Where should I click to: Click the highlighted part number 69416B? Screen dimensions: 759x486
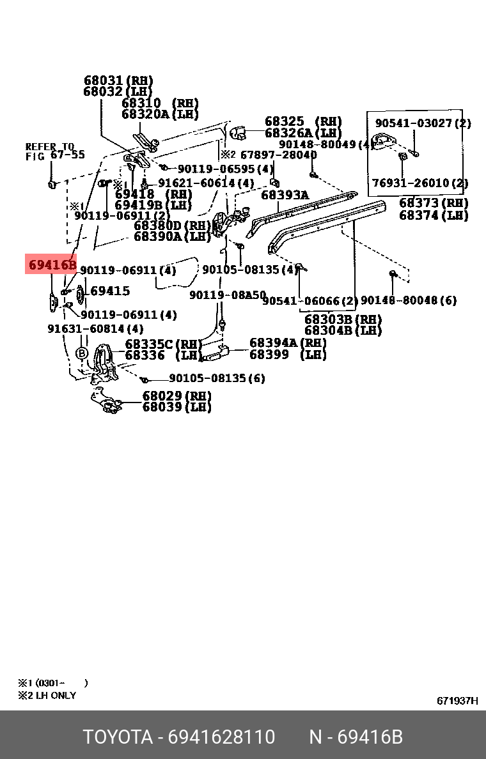(52, 263)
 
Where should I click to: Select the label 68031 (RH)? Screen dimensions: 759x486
(118, 80)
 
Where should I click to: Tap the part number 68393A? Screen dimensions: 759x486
(285, 195)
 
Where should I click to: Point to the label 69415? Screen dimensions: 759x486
(110, 291)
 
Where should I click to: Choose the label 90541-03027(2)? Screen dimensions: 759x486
(423, 123)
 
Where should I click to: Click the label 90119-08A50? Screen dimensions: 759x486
(227, 295)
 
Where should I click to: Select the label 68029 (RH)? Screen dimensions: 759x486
(176, 396)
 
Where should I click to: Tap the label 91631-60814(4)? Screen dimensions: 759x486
(95, 329)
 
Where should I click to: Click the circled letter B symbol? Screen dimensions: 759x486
(82, 353)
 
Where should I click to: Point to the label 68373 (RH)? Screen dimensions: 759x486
(434, 203)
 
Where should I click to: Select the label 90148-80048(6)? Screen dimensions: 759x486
(409, 300)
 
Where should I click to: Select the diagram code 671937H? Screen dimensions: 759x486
(457, 700)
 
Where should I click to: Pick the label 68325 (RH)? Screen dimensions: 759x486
(303, 121)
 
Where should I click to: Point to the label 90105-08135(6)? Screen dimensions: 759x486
(217, 378)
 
